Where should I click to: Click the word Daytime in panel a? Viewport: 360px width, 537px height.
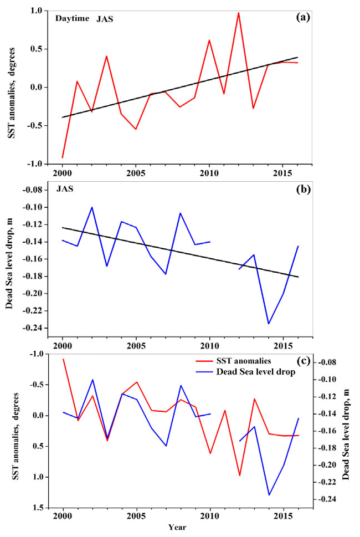point(71,18)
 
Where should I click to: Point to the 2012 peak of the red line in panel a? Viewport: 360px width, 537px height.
point(239,12)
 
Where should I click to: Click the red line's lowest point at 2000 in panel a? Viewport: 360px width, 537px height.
point(63,157)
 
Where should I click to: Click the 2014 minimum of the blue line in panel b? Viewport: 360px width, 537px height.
point(269,324)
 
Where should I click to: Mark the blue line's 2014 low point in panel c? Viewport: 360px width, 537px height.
point(269,495)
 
